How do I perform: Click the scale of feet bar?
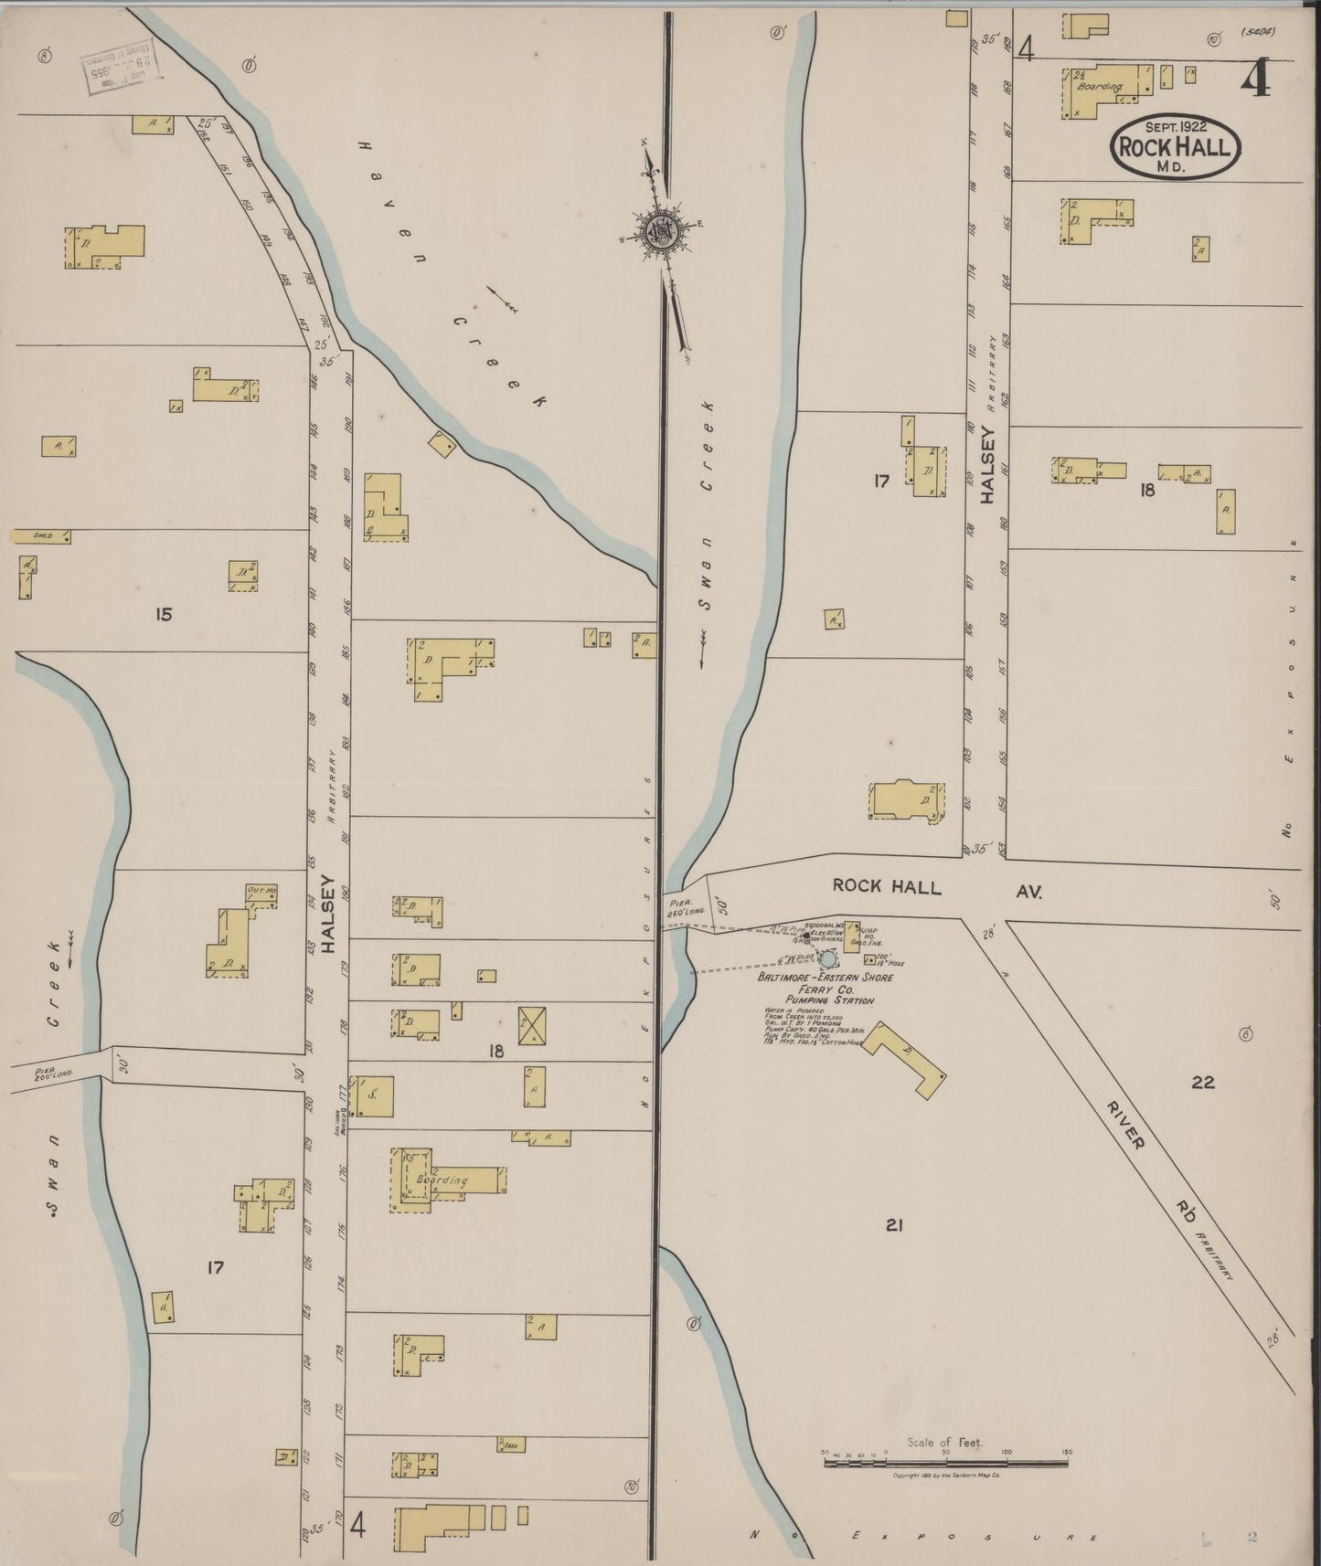pyautogui.click(x=945, y=1463)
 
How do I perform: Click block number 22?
pyautogui.click(x=1202, y=1083)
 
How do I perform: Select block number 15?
pyautogui.click(x=163, y=615)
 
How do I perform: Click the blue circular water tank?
pyautogui.click(x=827, y=959)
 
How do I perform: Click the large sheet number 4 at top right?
pyautogui.click(x=1255, y=81)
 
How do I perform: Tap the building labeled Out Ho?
pyautogui.click(x=261, y=894)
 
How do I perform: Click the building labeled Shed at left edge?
pyautogui.click(x=40, y=536)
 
